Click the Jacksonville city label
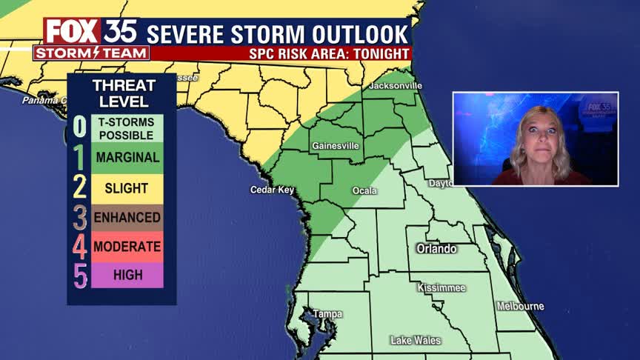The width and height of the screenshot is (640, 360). click(395, 86)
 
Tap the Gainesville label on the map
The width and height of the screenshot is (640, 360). click(336, 146)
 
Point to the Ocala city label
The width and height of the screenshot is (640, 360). click(364, 191)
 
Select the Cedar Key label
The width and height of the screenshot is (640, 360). click(272, 190)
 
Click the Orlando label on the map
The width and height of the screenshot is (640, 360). click(436, 249)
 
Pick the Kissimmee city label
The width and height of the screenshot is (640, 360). click(441, 287)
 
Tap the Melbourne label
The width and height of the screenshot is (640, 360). click(520, 307)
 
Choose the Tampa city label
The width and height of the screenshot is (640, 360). click(327, 314)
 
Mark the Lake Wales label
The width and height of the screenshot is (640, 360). click(416, 341)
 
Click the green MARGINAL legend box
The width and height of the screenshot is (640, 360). click(127, 158)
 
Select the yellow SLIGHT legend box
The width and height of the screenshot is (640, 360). click(127, 188)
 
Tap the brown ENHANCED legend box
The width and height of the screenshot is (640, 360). click(127, 218)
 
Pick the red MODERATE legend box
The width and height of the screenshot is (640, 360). click(127, 247)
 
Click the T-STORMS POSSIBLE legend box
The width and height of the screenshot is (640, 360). click(127, 128)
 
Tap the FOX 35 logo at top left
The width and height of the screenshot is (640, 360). click(90, 32)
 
